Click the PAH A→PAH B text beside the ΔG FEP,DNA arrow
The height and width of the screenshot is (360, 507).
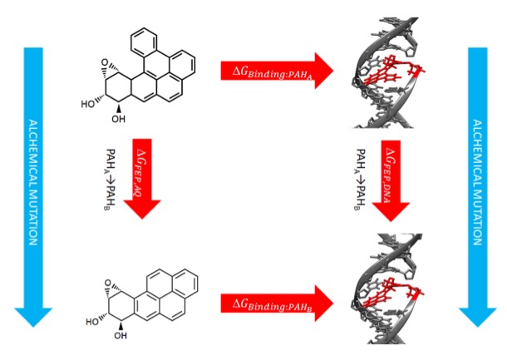click(x=362, y=179)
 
